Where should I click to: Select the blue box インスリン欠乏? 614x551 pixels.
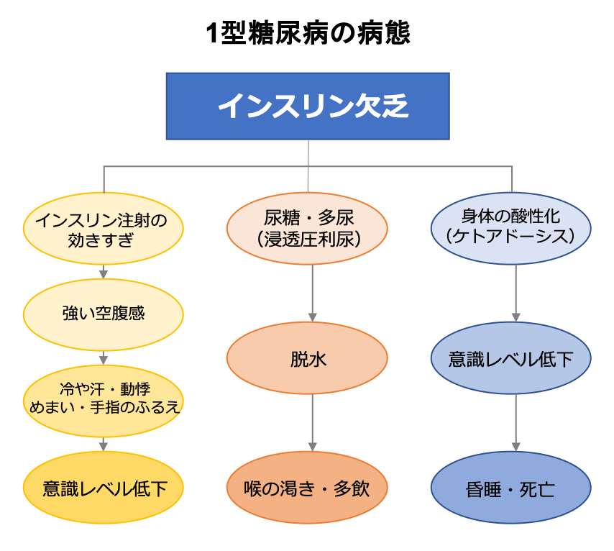(308, 106)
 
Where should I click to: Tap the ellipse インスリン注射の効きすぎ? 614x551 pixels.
(104, 229)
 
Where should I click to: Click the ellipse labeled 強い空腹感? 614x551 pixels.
(104, 314)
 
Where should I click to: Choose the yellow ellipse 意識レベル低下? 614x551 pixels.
(104, 489)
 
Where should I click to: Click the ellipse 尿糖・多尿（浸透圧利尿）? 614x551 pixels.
(307, 229)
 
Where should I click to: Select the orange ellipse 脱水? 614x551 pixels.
(307, 358)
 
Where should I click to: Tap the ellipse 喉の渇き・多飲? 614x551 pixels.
(307, 489)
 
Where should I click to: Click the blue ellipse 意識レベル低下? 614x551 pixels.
(510, 358)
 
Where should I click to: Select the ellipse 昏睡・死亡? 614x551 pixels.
(510, 489)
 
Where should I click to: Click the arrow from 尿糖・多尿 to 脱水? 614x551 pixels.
(312, 292)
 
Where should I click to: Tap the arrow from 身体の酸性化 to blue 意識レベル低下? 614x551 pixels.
(516, 292)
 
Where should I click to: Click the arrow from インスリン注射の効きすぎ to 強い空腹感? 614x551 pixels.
(104, 271)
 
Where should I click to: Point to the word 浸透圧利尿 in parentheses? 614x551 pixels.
(307, 239)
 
